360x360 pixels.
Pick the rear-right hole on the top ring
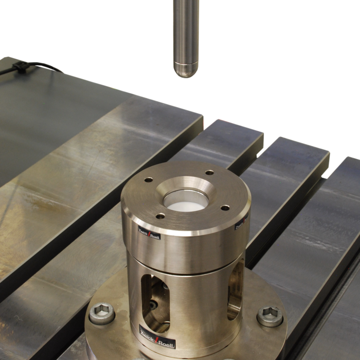[210, 172]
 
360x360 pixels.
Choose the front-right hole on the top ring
[225, 208]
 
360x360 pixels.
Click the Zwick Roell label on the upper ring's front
[150, 235]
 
